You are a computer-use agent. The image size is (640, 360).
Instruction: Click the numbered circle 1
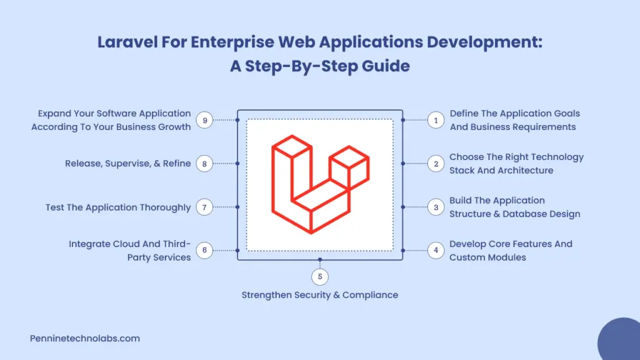[x=436, y=120]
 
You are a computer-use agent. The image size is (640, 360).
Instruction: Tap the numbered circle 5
[x=319, y=276]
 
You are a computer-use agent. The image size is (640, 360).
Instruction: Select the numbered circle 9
[x=204, y=120]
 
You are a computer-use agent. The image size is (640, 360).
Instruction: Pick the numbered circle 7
[x=204, y=207]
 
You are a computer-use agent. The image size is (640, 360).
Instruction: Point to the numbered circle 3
[x=436, y=207]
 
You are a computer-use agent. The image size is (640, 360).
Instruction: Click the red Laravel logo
[x=319, y=186]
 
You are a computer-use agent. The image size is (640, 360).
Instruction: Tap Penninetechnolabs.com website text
[x=85, y=338]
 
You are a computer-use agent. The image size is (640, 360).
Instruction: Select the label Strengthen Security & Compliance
[x=319, y=295]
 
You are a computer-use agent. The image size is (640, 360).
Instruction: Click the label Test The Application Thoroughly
[x=118, y=207]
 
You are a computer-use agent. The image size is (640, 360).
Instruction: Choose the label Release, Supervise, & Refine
[x=128, y=164]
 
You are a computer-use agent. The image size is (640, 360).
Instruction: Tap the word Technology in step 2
[x=553, y=157]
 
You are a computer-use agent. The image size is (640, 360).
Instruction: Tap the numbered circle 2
[x=436, y=164]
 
